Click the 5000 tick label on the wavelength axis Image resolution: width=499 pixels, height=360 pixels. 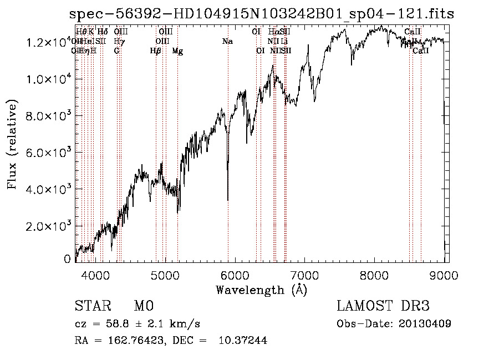coord(165,274)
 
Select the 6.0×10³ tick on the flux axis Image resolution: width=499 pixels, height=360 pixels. coord(48,153)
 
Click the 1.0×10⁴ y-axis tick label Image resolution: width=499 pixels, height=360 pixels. coord(48,79)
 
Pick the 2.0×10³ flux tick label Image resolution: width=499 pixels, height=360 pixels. coord(48,226)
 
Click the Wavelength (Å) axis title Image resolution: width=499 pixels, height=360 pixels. coord(261,290)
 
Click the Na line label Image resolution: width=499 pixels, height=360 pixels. coord(227,42)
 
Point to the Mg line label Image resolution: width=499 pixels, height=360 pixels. coord(177,51)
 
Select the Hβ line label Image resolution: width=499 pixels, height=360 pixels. coord(155,51)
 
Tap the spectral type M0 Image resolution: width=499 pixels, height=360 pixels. coord(143,306)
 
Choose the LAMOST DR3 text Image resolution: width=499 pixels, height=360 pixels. coord(383,306)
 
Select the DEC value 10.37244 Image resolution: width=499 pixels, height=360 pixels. coord(243,341)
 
